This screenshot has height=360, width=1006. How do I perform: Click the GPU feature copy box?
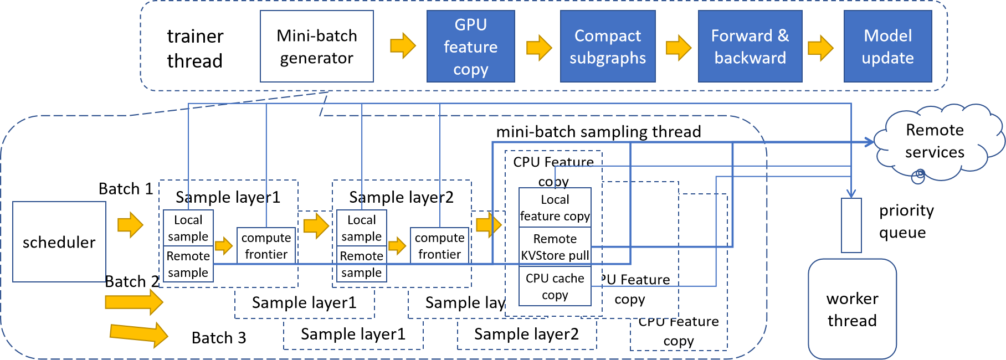click(x=470, y=47)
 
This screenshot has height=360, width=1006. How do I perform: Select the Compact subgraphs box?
click(x=608, y=47)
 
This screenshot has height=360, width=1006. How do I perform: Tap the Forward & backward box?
click(x=750, y=47)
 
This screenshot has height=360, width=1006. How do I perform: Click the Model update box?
click(x=887, y=47)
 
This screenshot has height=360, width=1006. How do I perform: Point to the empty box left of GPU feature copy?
click(x=316, y=47)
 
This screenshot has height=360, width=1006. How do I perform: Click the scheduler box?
click(x=59, y=242)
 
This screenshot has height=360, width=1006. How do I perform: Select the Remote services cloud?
click(x=936, y=141)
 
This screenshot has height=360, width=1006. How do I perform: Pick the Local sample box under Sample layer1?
click(x=188, y=228)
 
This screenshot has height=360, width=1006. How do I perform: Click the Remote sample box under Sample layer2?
click(x=361, y=264)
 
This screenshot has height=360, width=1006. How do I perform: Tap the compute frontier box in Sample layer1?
click(x=266, y=245)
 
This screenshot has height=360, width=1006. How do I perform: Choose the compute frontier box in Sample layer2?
click(x=439, y=245)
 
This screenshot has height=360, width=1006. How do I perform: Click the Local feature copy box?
click(x=555, y=208)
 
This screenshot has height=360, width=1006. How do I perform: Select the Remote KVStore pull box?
click(x=555, y=246)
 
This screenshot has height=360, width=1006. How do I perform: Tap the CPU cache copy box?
click(x=555, y=286)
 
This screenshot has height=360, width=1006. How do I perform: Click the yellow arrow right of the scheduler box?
click(x=131, y=224)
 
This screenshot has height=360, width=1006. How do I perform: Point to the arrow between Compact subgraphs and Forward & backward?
click(x=678, y=48)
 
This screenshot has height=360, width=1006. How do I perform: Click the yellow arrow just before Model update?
click(x=820, y=48)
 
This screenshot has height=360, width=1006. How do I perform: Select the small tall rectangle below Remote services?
click(x=851, y=225)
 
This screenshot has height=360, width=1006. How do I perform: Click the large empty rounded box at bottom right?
click(x=852, y=309)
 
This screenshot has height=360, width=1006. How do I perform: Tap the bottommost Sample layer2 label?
click(x=526, y=334)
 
